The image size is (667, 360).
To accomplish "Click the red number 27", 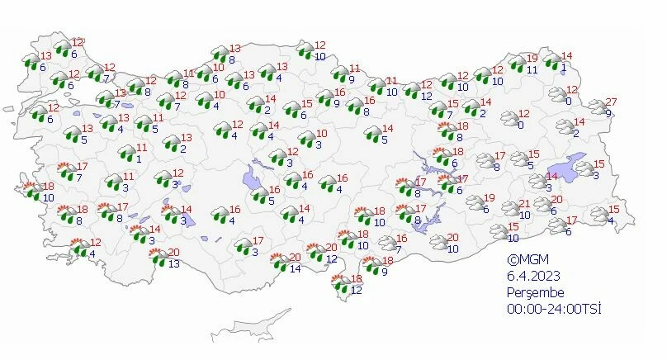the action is [x=611, y=102].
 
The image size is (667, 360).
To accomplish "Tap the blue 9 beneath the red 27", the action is [x=608, y=114].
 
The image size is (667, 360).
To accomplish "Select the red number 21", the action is [x=523, y=204].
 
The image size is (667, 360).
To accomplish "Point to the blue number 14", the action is [x=296, y=269].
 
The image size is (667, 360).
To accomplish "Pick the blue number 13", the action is [x=173, y=264].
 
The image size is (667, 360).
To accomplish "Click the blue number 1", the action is [x=140, y=159].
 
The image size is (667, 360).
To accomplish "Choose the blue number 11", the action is [x=532, y=70].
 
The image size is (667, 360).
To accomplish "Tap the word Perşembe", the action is [x=536, y=292].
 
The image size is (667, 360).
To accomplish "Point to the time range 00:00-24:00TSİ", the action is [x=554, y=309].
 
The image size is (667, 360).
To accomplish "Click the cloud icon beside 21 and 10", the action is [x=507, y=210].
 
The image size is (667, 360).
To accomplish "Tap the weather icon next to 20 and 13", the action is [x=157, y=258].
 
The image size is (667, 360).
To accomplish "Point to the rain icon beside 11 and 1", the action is [x=125, y=154].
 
